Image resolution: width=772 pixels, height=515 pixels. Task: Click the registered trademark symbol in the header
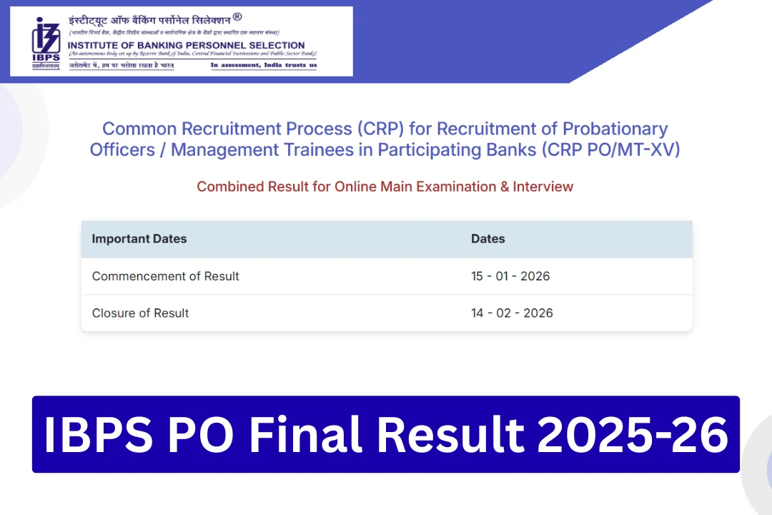pyautogui.click(x=237, y=16)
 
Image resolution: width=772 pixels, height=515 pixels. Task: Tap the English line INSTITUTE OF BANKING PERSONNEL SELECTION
pyautogui.click(x=186, y=45)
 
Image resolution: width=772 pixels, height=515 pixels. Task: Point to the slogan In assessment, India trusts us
pyautogui.click(x=263, y=65)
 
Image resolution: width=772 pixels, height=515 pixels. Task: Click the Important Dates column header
pyautogui.click(x=139, y=239)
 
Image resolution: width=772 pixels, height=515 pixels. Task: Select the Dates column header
pyautogui.click(x=488, y=239)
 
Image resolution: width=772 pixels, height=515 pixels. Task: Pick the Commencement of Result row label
pyautogui.click(x=166, y=276)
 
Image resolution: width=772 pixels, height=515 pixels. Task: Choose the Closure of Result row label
pyautogui.click(x=141, y=313)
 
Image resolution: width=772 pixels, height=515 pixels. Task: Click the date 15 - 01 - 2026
pyautogui.click(x=510, y=276)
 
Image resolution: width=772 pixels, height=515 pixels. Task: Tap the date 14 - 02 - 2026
pyautogui.click(x=512, y=313)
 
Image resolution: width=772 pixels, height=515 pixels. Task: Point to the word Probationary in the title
pyautogui.click(x=615, y=129)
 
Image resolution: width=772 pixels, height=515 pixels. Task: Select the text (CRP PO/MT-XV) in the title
pyautogui.click(x=610, y=149)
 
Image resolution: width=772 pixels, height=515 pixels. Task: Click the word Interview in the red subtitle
pyautogui.click(x=543, y=187)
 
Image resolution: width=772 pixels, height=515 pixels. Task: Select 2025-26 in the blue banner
pyautogui.click(x=633, y=434)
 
